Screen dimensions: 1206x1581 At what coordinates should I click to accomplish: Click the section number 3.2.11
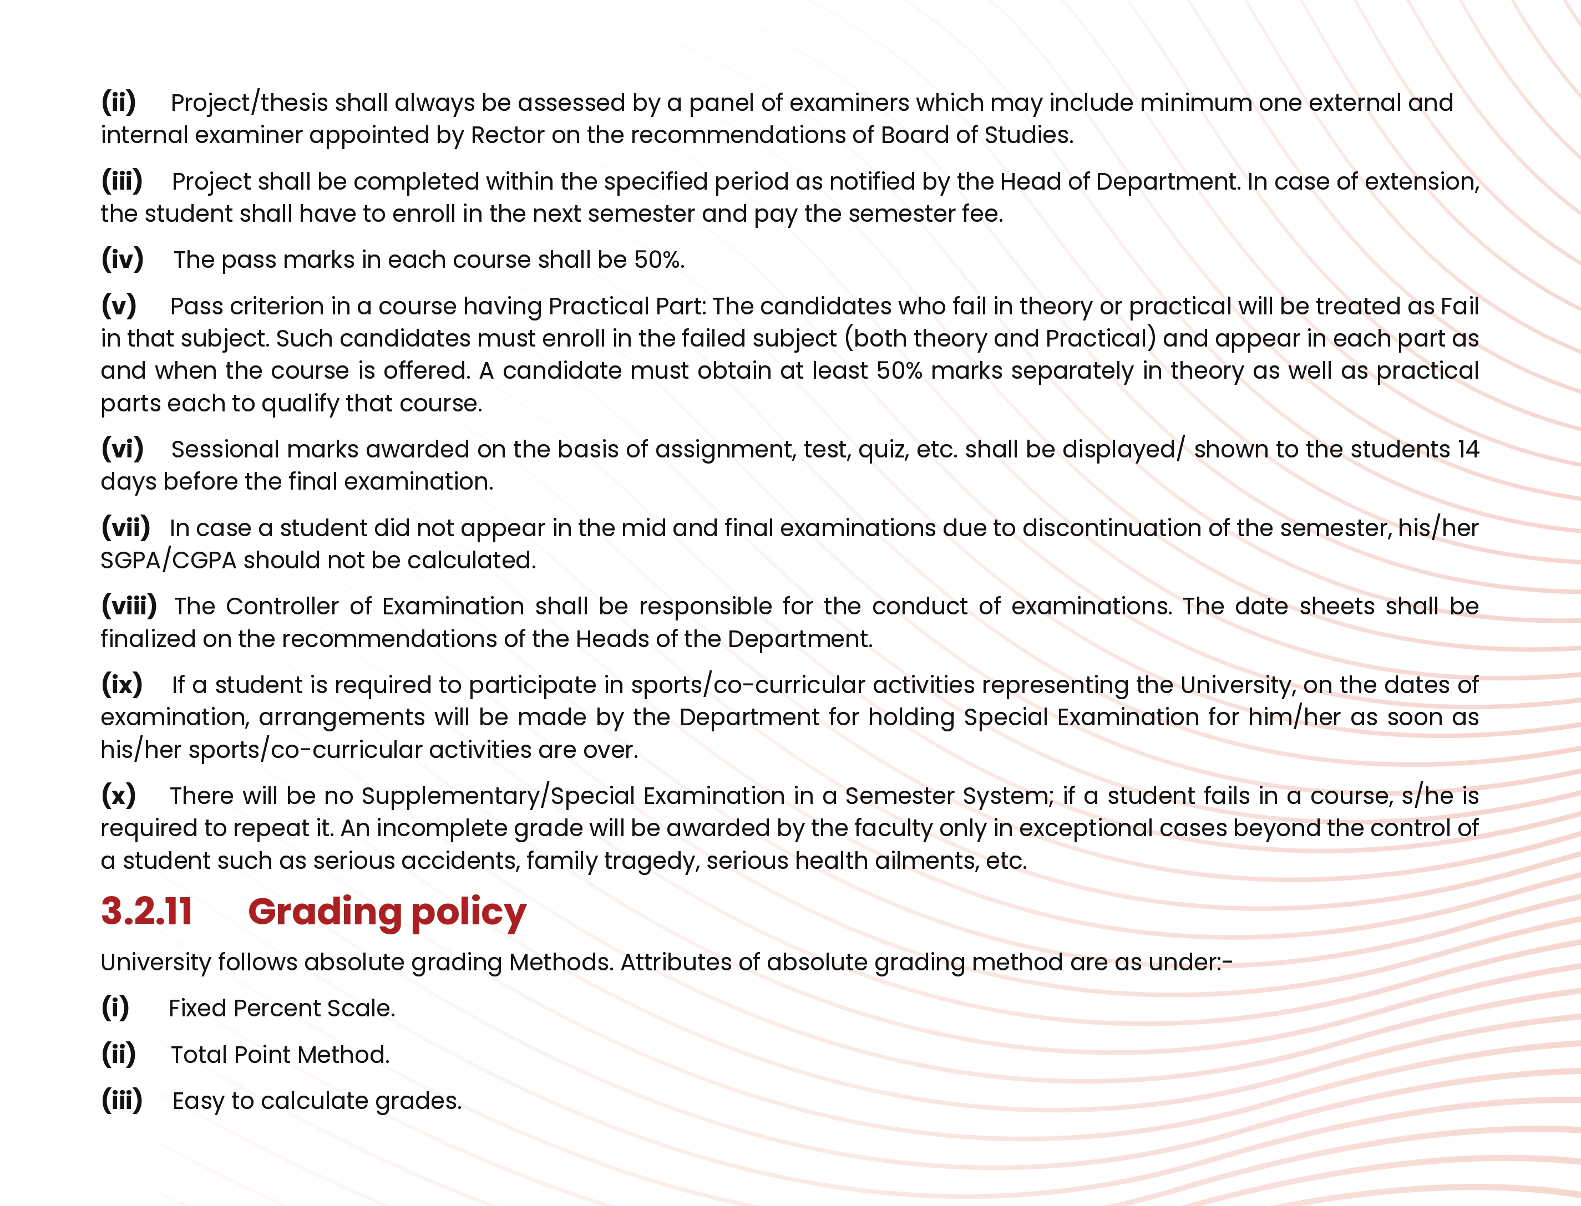pos(146,912)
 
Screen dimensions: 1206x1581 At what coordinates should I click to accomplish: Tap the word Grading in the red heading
pos(325,913)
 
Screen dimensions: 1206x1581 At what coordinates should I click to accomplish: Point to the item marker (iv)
pos(122,259)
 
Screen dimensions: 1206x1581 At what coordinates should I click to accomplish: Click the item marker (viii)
pos(129,606)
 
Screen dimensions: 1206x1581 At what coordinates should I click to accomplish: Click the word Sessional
pos(225,449)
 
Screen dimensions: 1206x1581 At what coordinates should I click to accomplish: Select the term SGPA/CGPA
pos(168,560)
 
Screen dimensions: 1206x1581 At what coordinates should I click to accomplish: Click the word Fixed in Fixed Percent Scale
pos(197,1009)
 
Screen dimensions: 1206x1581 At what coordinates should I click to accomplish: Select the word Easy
pos(198,1101)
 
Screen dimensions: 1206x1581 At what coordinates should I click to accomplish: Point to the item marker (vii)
pos(125,528)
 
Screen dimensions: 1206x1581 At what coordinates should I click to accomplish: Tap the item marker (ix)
pos(121,685)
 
